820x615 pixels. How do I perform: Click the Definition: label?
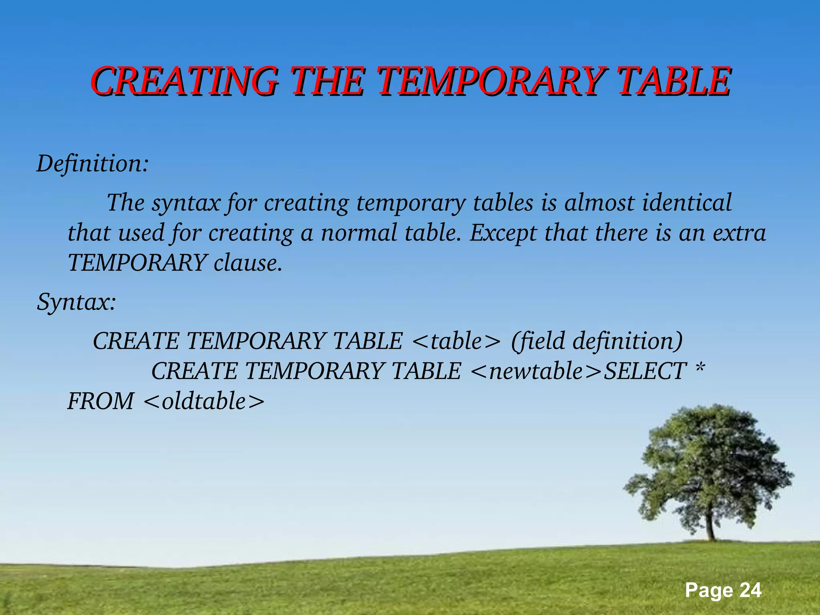(x=92, y=164)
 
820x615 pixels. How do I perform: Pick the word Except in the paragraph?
(x=503, y=233)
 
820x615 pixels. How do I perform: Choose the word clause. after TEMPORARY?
(x=248, y=263)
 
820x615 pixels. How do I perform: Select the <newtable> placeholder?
(x=536, y=371)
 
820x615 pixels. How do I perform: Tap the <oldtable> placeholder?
(x=204, y=401)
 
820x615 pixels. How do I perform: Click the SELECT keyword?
(x=645, y=371)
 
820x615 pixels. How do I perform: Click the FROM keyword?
(x=100, y=401)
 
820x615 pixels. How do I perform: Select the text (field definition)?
(x=597, y=341)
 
